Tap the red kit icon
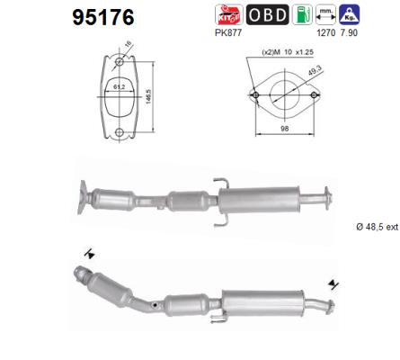228,14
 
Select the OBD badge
267,14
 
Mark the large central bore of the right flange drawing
285,94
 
